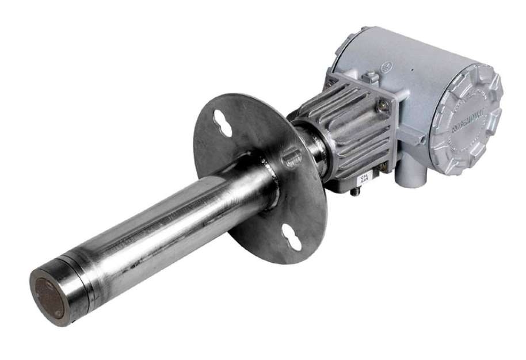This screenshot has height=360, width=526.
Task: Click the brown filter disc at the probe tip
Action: point(49,297)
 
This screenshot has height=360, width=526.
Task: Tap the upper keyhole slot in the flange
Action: point(222,122)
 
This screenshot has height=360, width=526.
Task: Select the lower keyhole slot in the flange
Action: point(292,236)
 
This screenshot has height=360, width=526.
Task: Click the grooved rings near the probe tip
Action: point(81,270)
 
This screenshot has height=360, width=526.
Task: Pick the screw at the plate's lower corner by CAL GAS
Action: point(382,166)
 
